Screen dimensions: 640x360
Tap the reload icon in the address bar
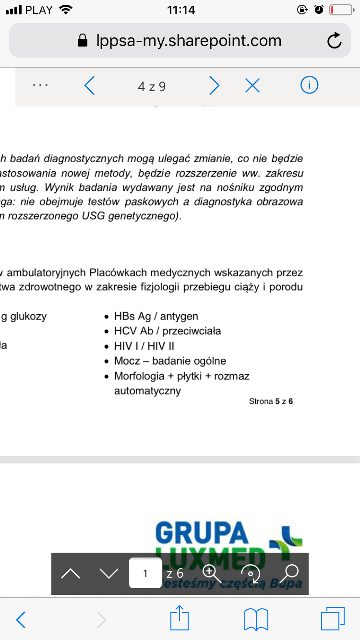334,41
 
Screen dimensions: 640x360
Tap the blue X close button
252,86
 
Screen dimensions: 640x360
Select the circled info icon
310,85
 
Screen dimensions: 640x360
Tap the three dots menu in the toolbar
40,85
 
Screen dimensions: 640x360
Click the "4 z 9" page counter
152,86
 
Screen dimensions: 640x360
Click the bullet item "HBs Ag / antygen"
156,316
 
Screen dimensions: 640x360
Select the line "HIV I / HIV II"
144,346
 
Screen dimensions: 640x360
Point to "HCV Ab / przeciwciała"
168,331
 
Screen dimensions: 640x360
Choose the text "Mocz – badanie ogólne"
170,361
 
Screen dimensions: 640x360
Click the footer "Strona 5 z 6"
271,401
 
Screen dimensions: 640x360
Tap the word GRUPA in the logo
202,532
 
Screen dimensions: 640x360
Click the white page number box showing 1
145,573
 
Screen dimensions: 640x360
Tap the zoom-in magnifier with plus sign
210,572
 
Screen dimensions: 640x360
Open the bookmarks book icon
256,619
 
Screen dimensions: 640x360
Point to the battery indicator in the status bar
341,10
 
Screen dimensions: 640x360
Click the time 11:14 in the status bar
180,10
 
